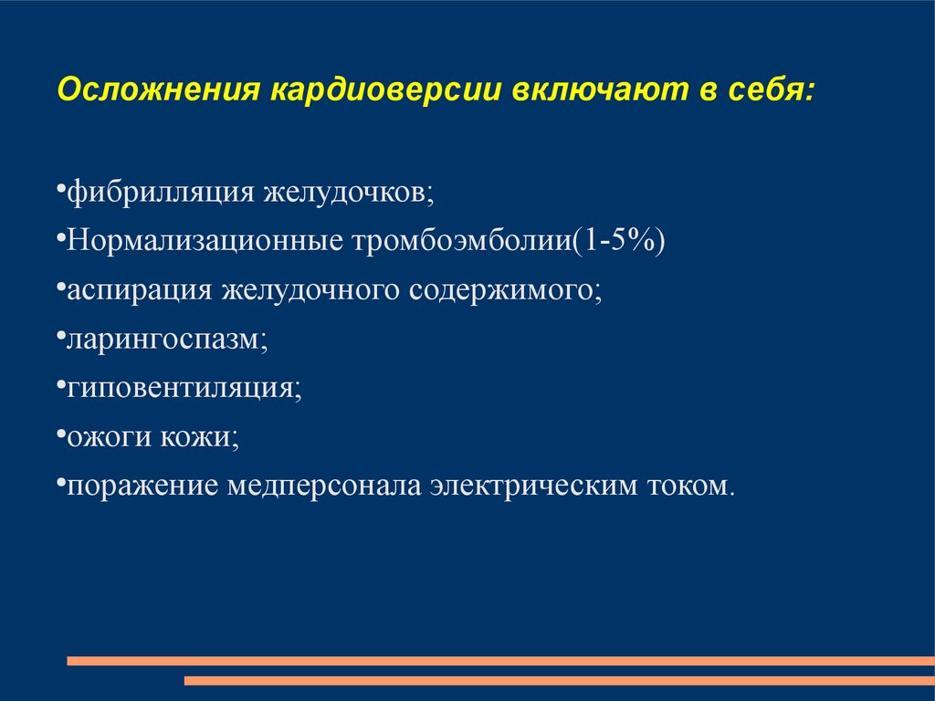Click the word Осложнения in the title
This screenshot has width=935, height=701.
(x=159, y=89)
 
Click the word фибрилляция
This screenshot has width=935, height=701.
(x=161, y=193)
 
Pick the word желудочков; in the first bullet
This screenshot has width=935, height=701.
(x=350, y=193)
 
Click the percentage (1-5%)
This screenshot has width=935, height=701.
(x=618, y=241)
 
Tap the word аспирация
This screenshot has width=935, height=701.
(x=140, y=291)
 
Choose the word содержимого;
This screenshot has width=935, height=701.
(x=506, y=291)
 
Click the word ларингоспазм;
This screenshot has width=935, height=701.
(x=168, y=340)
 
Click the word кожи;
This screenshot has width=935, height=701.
(x=199, y=437)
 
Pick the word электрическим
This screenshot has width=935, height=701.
(x=534, y=487)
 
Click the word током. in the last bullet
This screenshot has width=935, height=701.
(x=691, y=487)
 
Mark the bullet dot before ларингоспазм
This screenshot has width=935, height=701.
(x=61, y=338)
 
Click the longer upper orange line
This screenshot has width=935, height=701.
(x=501, y=661)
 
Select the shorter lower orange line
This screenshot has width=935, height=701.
(x=560, y=681)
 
